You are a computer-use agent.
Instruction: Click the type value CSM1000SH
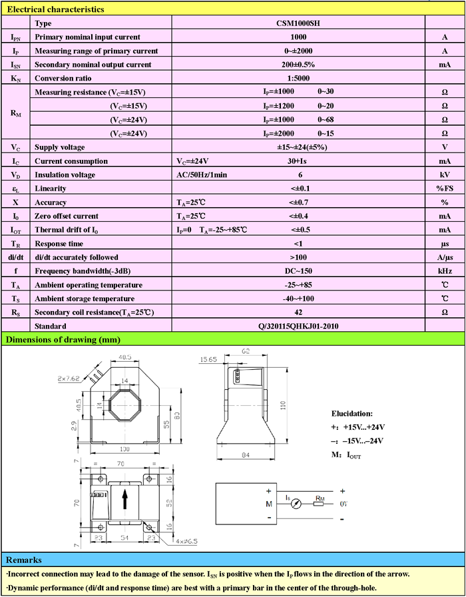tap(298, 23)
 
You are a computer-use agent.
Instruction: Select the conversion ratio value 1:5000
tap(298, 78)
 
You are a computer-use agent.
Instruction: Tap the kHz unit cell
tap(445, 271)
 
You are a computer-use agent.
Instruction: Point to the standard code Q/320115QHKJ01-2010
tap(298, 326)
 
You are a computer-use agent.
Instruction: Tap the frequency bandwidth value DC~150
tap(298, 271)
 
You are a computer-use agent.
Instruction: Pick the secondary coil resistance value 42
tap(298, 312)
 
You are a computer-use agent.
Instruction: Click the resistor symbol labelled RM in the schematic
tap(319, 504)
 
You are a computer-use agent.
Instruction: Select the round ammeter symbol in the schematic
tap(297, 504)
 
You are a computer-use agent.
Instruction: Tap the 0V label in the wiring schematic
tap(344, 504)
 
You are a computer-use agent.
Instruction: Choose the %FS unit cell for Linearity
tap(445, 189)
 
